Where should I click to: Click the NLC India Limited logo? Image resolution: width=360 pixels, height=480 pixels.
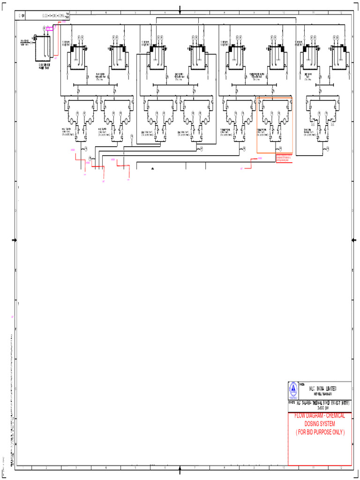click(x=292, y=389)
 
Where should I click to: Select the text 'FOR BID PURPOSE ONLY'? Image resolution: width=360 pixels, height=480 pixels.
click(x=320, y=432)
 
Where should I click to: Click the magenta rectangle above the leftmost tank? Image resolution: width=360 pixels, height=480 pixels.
click(x=50, y=29)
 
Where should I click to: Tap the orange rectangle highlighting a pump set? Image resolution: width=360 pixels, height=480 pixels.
click(x=275, y=125)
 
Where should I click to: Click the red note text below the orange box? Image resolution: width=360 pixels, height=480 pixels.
click(x=284, y=157)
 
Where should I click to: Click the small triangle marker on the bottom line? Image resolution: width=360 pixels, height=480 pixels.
click(x=152, y=168)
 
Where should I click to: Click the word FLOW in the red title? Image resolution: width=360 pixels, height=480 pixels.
click(x=301, y=416)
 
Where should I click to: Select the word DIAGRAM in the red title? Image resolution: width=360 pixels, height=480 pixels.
click(x=317, y=416)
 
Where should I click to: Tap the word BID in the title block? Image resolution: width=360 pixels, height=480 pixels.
click(x=309, y=432)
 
